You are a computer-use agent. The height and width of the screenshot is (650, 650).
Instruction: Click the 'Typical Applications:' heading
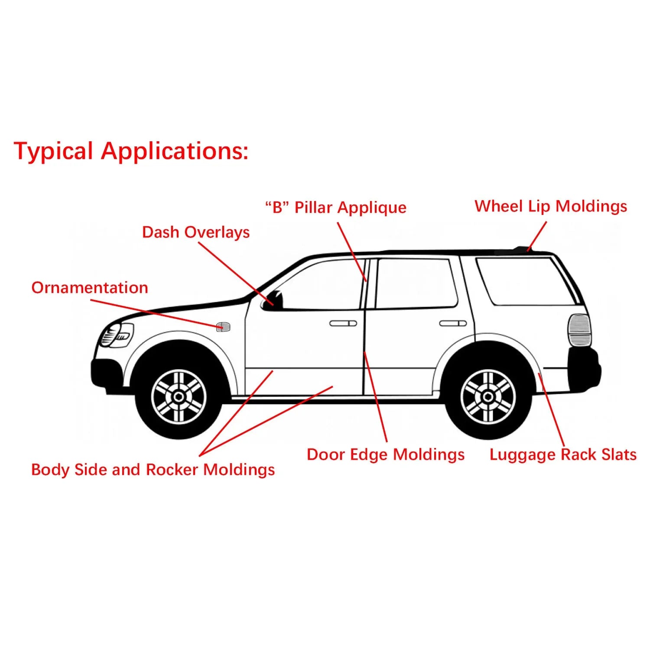click(131, 151)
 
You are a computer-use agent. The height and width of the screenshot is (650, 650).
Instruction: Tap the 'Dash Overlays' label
click(196, 233)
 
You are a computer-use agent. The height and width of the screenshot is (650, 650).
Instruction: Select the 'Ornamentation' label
click(90, 288)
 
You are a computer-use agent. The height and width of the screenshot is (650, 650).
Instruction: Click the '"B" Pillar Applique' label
click(336, 208)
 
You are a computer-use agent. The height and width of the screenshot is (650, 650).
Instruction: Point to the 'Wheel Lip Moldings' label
click(551, 206)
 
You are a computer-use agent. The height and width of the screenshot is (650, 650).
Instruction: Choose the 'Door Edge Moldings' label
click(386, 455)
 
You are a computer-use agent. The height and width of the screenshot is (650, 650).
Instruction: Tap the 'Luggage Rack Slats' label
click(563, 455)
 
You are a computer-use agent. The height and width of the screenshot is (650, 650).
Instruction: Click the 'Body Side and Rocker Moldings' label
click(153, 470)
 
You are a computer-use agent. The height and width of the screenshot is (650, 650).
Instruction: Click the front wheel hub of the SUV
click(179, 396)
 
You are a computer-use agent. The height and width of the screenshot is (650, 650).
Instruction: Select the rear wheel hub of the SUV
click(488, 396)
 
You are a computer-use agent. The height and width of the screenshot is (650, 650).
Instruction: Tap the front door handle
click(343, 323)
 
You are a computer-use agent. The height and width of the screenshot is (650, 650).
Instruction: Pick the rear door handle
click(453, 323)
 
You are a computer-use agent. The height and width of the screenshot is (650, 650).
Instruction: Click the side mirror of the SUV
click(273, 300)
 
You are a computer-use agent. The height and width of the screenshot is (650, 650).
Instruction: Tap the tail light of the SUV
click(579, 330)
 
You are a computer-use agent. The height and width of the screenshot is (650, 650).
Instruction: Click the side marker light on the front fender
click(223, 326)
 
